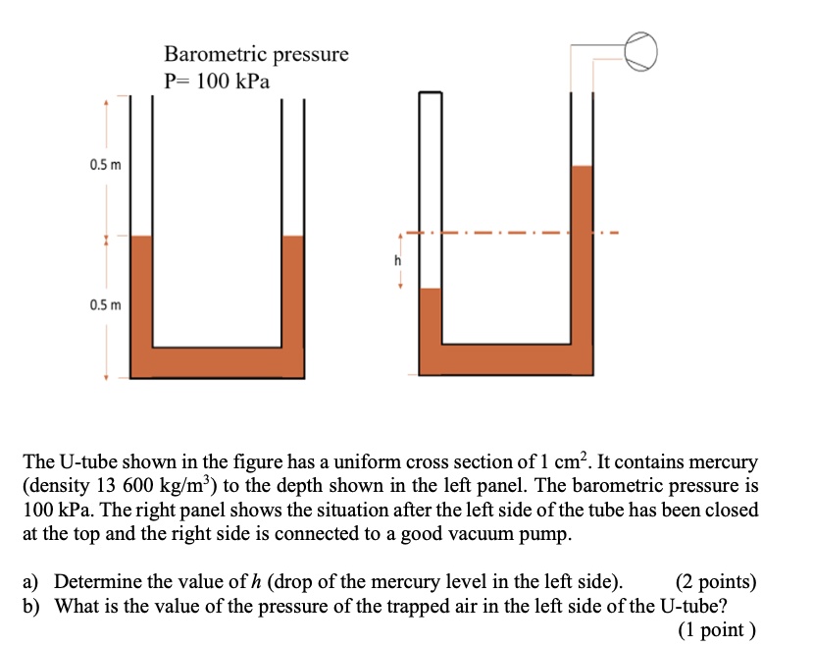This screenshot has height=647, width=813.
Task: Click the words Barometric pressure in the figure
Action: click(x=255, y=54)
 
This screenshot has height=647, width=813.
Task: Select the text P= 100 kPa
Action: click(x=216, y=81)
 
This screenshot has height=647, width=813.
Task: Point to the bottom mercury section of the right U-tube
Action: click(x=505, y=359)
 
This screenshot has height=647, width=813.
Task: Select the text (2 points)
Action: click(x=716, y=582)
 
